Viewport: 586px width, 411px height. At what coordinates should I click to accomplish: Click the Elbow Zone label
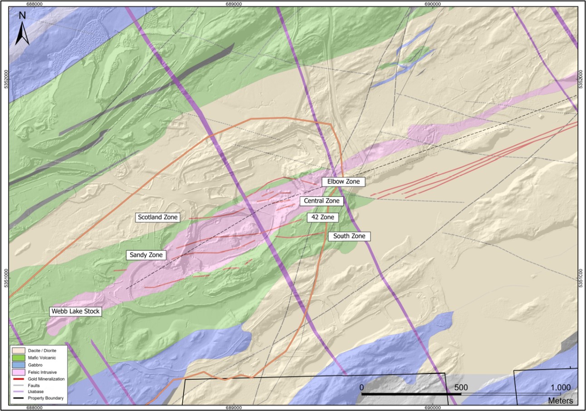click(x=343, y=181)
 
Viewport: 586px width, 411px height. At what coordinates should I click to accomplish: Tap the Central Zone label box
click(x=322, y=201)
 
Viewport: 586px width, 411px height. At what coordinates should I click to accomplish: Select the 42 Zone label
click(x=323, y=217)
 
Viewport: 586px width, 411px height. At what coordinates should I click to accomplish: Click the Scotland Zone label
click(x=158, y=217)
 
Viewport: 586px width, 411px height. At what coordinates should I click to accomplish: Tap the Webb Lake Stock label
click(x=75, y=312)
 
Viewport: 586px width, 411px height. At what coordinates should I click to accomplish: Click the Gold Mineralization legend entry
click(x=44, y=378)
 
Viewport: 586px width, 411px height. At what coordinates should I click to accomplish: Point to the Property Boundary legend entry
click(x=44, y=398)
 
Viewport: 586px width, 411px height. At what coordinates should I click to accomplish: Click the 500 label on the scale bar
click(x=461, y=387)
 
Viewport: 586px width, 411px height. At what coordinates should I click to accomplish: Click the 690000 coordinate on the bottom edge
click(x=432, y=407)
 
